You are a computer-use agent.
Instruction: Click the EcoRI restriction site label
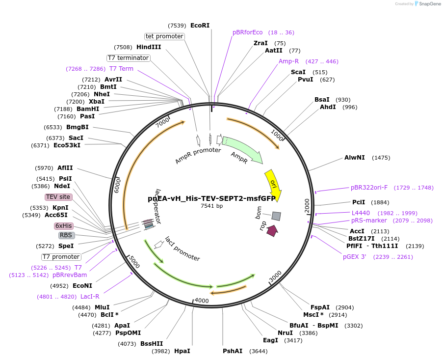[200, 25]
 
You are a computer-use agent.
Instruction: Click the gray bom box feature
[276, 216]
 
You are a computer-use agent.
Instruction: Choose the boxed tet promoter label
[164, 36]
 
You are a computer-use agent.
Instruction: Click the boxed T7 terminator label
[129, 58]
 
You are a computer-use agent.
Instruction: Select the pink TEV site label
[58, 197]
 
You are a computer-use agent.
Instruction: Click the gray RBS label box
[66, 235]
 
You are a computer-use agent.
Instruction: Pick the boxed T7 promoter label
[61, 257]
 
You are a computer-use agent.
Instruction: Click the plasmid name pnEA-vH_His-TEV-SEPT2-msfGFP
[211, 198]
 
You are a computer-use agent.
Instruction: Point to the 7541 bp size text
[211, 206]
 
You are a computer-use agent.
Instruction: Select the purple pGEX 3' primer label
[354, 257]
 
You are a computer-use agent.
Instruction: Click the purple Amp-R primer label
[288, 61]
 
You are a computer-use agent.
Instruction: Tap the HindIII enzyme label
[149, 47]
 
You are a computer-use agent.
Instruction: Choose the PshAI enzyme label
[233, 351]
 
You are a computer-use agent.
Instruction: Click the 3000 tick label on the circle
[275, 276]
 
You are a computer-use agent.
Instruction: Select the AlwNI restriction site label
[355, 158]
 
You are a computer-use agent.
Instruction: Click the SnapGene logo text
[428, 4]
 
